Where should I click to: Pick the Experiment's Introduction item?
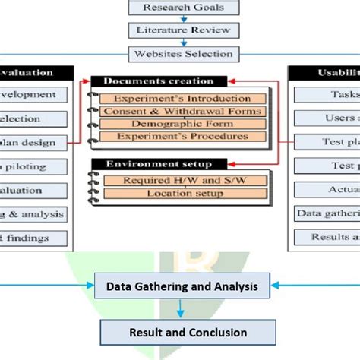click(182, 99)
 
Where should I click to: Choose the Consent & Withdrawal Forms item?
click(182, 112)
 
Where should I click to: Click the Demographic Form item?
click(182, 124)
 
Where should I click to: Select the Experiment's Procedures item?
click(182, 137)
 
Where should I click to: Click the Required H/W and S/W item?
click(182, 180)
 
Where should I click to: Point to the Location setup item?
click(182, 194)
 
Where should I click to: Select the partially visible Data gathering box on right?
click(327, 213)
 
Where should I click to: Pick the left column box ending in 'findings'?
click(33, 238)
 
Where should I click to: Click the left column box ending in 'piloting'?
click(33, 166)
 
